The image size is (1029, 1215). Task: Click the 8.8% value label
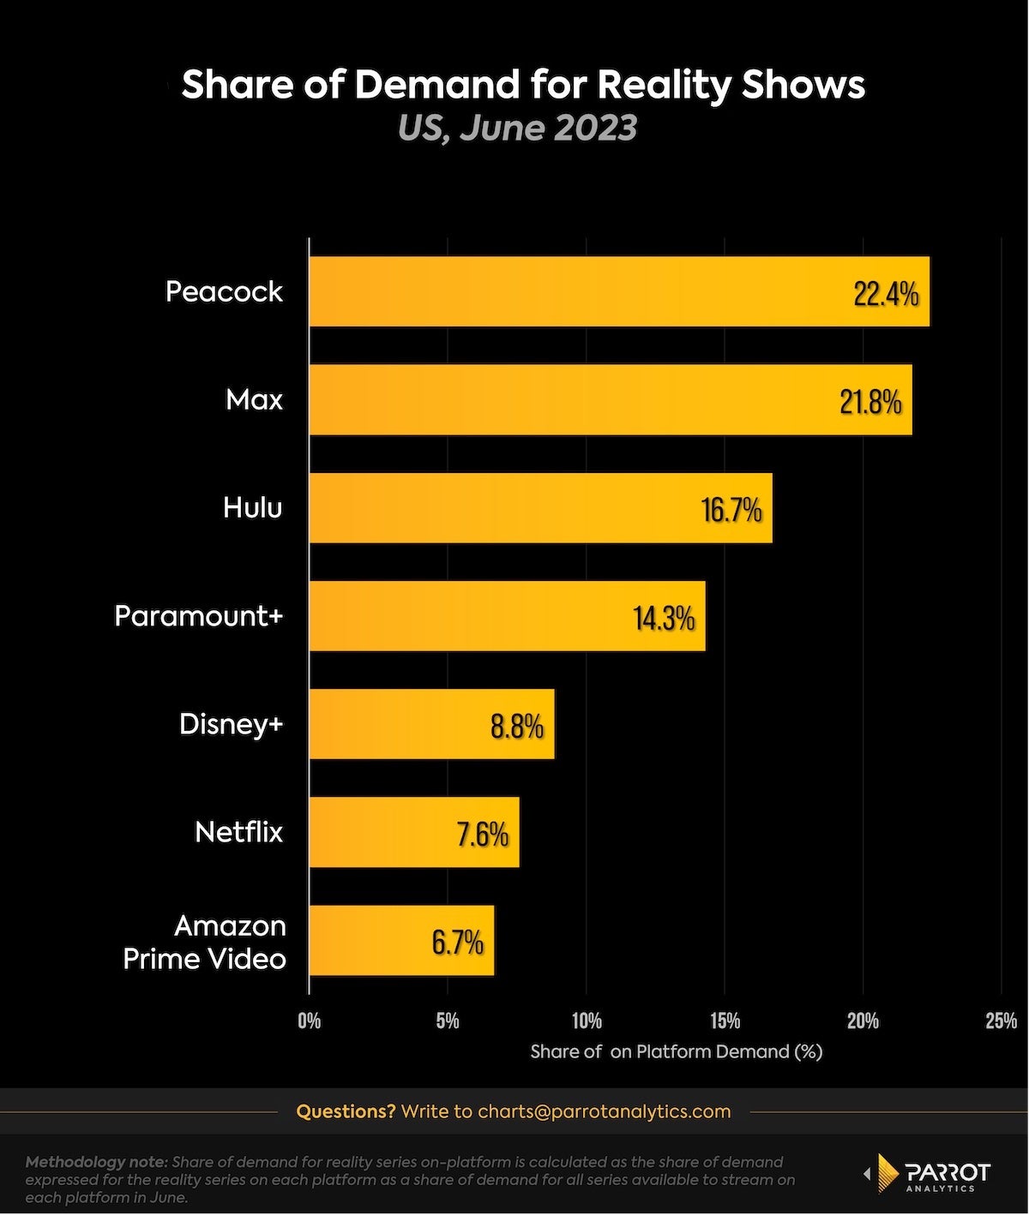[x=517, y=727]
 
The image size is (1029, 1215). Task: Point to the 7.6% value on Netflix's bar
[x=483, y=834]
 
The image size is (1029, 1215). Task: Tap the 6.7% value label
[x=458, y=943]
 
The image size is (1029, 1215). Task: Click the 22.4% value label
[x=886, y=294]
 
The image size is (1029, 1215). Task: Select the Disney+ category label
[x=231, y=724]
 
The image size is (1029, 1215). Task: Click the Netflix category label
[x=238, y=832]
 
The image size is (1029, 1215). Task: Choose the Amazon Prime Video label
[x=206, y=942]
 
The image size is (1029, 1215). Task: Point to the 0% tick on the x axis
[x=310, y=1020]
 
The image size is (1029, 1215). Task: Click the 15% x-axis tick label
[x=725, y=1020]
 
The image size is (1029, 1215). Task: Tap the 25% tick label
[x=1001, y=1020]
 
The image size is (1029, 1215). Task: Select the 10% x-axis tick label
[x=587, y=1020]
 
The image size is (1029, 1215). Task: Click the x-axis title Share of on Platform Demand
[x=676, y=1051]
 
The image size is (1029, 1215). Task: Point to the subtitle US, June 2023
[x=517, y=128]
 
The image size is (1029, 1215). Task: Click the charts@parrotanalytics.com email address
[x=604, y=1111]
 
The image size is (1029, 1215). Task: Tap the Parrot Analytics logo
[x=928, y=1176]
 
